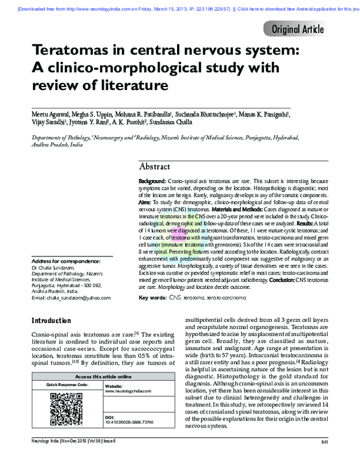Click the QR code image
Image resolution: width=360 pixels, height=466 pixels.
[65, 408]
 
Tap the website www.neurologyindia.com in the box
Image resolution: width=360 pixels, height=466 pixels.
[125, 391]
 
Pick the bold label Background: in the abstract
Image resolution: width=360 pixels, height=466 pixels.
[152, 181]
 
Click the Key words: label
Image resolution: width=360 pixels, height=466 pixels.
[153, 298]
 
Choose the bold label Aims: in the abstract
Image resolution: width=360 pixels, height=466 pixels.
[145, 202]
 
